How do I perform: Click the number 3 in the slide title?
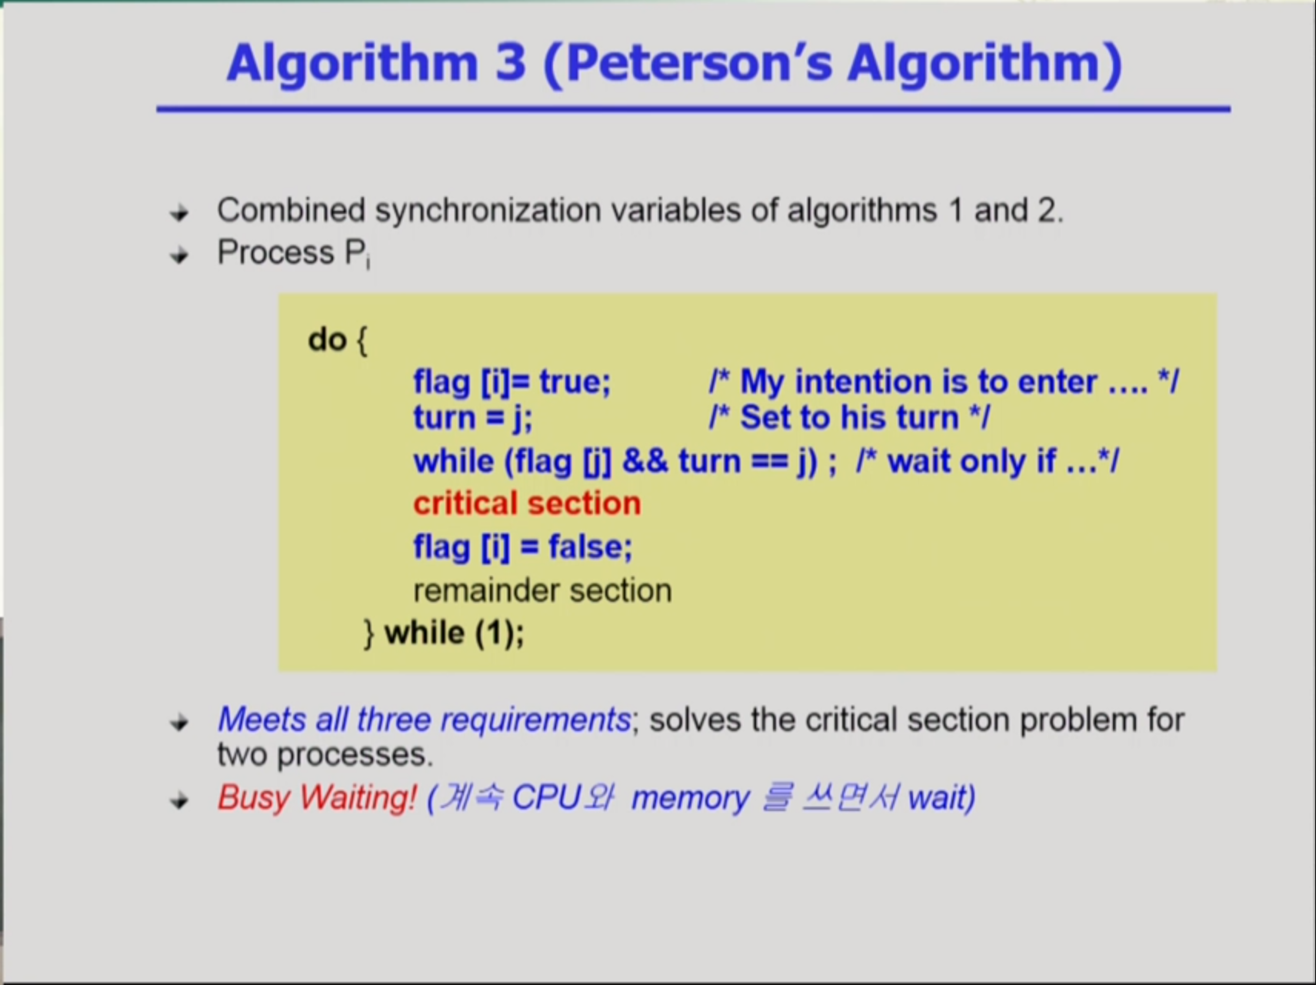511,62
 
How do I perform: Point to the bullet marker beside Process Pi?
179,255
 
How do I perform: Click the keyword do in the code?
327,339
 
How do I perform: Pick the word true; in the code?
575,382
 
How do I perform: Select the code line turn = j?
472,418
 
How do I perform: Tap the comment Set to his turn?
849,418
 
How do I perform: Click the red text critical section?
527,503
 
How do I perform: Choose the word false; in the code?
590,547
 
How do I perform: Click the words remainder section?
542,591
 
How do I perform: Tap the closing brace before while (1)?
369,633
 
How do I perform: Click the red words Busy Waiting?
317,797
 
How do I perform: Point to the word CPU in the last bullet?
546,797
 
